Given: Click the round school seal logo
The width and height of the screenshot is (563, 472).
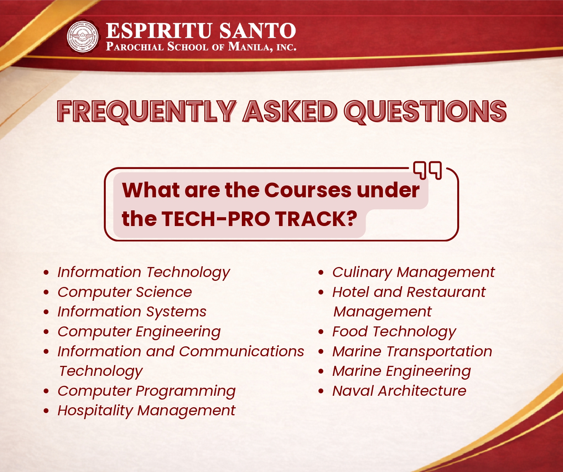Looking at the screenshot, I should pos(83,37).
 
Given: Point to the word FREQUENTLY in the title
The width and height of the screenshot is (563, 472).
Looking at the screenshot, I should pos(146,111).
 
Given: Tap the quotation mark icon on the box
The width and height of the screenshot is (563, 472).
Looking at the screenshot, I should pos(427,170).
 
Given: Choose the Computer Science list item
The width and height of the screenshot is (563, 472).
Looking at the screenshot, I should pos(125,292).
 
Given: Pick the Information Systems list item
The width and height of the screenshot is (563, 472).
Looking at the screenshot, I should pos(132,312).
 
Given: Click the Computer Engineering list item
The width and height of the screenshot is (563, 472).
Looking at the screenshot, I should pos(139,332).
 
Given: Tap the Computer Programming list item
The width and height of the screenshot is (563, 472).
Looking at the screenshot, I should pos(146,391).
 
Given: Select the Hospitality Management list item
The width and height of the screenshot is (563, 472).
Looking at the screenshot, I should pos(146,411).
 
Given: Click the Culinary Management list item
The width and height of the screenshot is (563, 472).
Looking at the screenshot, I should pos(413,272).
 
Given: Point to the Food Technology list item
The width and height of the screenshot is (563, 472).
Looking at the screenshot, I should pos(394,332).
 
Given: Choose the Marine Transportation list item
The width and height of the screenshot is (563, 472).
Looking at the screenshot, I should pos(412,351).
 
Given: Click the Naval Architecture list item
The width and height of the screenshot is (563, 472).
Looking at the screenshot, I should pos(399,391).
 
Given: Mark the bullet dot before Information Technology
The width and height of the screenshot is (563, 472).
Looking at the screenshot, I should pos(46,273).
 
